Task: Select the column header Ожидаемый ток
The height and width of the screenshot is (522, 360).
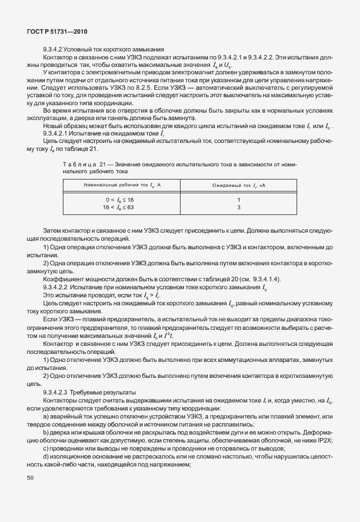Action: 238,185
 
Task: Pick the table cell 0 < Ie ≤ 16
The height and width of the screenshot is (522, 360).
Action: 119,200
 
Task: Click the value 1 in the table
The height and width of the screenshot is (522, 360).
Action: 238,200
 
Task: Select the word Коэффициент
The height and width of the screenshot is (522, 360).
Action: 61,278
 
